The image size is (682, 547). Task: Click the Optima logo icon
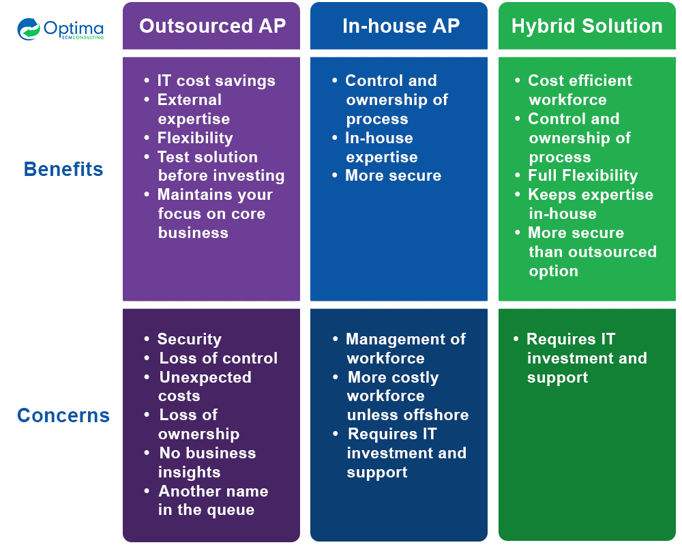coord(29,29)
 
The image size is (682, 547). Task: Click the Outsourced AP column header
coord(212,26)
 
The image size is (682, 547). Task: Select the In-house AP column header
coord(400,26)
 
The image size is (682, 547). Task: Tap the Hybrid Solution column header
coord(587,26)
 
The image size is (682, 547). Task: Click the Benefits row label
coord(63,169)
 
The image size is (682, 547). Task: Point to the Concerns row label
coord(63,415)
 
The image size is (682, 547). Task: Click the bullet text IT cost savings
coord(216,80)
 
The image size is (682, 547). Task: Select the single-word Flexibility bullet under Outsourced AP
coord(194,138)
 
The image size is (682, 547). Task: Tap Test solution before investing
coord(220,166)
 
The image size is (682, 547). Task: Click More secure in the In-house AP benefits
coord(393,175)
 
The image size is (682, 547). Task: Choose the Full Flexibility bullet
coord(582,175)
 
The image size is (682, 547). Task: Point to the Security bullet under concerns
coord(189,339)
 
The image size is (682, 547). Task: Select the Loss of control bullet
coord(218,358)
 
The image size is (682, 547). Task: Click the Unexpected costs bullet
coord(205,386)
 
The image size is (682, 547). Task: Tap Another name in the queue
coord(212,500)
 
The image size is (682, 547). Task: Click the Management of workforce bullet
coord(405,348)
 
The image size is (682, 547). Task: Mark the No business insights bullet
coord(207,462)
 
